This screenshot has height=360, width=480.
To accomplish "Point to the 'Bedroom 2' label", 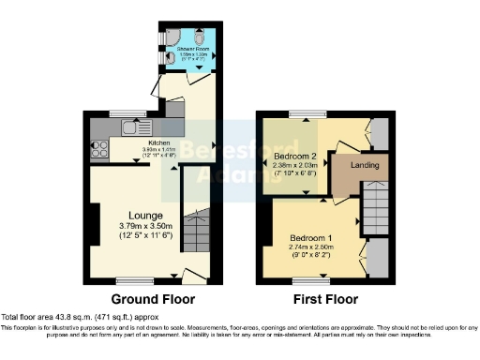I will coord(292,156).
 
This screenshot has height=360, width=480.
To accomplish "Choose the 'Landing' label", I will coord(365,166).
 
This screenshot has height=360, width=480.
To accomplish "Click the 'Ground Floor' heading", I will coord(153,300).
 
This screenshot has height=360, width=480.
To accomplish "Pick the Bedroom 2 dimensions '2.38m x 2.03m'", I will coord(292,166).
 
